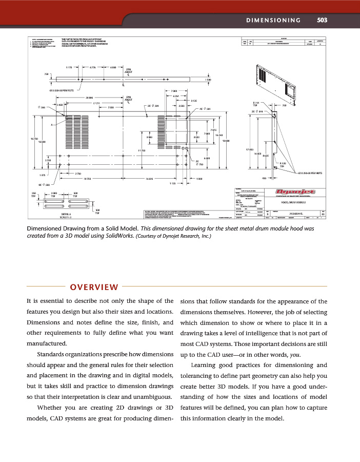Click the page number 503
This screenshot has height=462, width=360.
pyautogui.click(x=322, y=21)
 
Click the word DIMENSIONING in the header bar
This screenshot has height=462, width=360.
pyautogui.click(x=273, y=21)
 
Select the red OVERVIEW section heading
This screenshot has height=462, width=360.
pyautogui.click(x=94, y=286)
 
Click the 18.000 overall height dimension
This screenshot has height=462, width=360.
pyautogui.click(x=226, y=141)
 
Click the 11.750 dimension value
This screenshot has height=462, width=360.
pyautogui.click(x=142, y=150)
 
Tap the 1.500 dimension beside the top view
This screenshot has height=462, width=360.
pyautogui.click(x=208, y=80)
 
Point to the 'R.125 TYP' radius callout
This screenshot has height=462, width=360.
pyautogui.click(x=283, y=165)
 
